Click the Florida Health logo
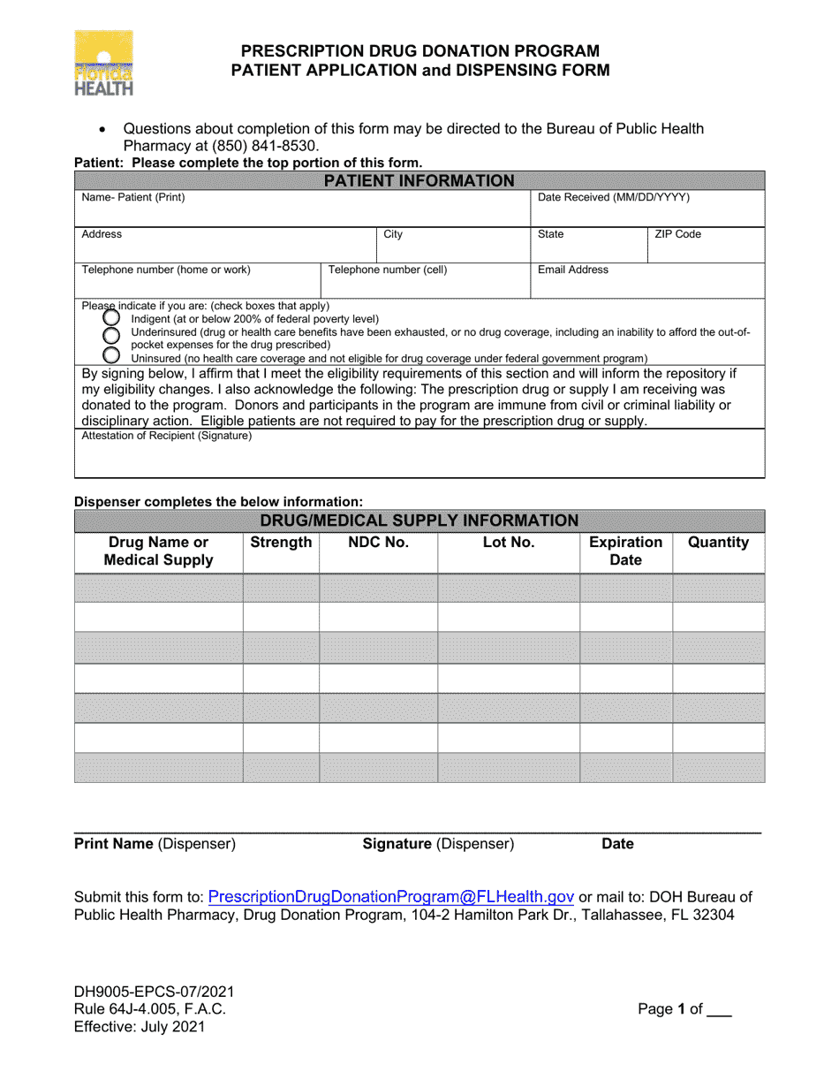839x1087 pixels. coord(104,63)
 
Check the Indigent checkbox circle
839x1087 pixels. coord(112,317)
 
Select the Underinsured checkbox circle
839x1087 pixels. coord(112,335)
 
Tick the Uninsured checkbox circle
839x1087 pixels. coord(112,355)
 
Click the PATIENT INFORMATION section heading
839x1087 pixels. coord(419,181)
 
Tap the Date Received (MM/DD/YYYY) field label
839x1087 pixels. coord(614,198)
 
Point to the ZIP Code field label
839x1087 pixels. coord(677,234)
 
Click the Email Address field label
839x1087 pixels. coord(573,270)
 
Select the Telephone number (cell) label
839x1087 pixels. coord(388,270)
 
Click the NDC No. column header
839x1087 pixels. coord(378,543)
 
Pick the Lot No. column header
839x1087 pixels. coord(509,543)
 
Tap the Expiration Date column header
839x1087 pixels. coord(625,551)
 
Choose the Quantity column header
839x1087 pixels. coord(718,543)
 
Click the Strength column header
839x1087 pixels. coord(281,543)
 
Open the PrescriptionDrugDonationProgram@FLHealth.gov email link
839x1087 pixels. coord(391,896)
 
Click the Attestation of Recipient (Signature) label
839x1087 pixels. coord(167,436)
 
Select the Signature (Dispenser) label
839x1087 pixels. coord(438,844)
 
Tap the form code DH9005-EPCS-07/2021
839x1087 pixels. coord(155,992)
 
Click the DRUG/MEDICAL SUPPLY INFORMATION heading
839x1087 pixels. coord(419,521)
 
